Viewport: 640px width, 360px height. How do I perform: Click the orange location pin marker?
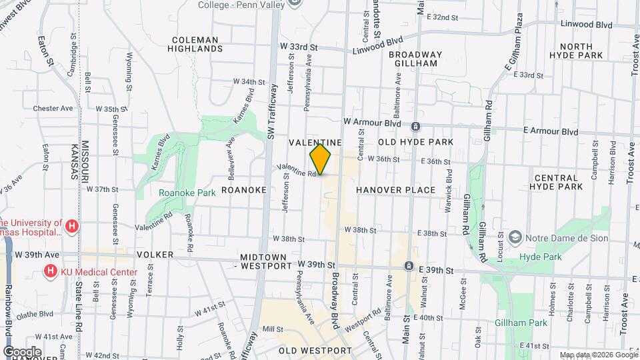[x=321, y=159]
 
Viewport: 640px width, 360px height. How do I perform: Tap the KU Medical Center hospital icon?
[x=49, y=271]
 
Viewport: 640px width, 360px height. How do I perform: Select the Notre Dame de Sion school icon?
[x=515, y=237]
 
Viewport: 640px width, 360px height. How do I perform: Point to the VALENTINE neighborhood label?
[x=315, y=143]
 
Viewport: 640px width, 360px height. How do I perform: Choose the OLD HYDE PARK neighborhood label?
[x=415, y=142]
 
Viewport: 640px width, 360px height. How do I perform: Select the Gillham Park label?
[x=521, y=323]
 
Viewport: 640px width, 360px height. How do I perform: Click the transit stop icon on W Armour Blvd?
[x=415, y=126]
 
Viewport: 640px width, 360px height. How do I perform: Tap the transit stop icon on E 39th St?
[x=408, y=267]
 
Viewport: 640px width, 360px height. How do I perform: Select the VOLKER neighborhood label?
[x=155, y=255]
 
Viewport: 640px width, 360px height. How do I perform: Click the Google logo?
[x=22, y=351]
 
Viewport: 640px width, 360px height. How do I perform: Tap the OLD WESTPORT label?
[x=315, y=350]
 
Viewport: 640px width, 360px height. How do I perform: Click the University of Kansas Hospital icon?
[x=73, y=227]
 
